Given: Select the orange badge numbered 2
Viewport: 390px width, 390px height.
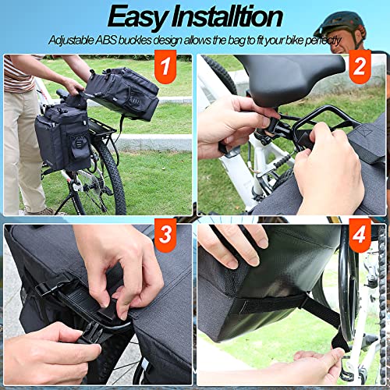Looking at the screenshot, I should (359, 67).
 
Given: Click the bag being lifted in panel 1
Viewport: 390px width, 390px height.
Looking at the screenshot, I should (123, 91).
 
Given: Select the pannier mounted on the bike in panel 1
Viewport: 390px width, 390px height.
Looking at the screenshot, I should (62, 136).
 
